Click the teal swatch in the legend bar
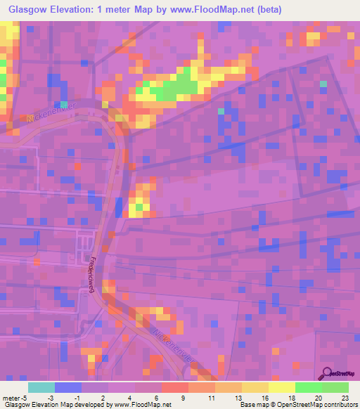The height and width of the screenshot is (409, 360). [41, 387]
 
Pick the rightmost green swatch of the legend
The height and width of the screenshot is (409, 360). [335, 387]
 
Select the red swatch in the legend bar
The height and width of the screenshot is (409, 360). [174, 387]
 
